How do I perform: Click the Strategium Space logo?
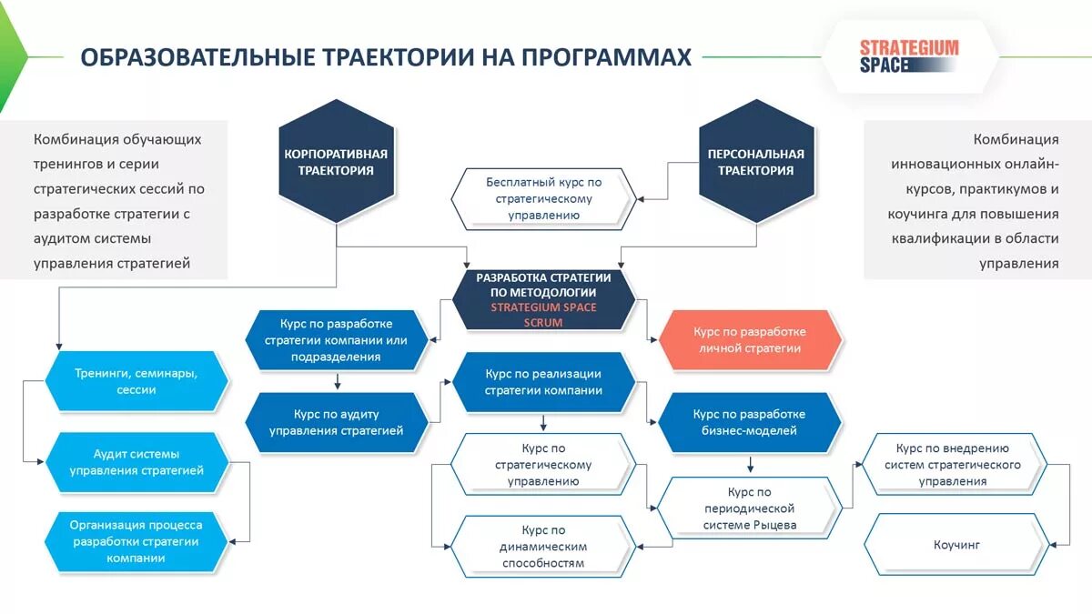click(908, 56)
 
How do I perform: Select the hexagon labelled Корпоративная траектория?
click(336, 162)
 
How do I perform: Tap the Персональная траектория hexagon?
click(756, 162)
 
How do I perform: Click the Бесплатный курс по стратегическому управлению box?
click(543, 198)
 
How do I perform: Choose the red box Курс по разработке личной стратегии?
click(749, 339)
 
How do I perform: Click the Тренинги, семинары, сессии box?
click(136, 381)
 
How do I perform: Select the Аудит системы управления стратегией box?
click(136, 462)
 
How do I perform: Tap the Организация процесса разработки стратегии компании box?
click(136, 541)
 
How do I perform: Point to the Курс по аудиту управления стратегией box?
click(336, 422)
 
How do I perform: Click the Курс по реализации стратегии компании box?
click(543, 382)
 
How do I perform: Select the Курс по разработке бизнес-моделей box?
click(749, 422)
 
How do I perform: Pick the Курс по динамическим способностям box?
click(543, 546)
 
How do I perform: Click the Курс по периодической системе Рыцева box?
click(749, 508)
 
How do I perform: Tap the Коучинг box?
click(955, 545)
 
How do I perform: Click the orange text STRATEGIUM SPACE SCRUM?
click(543, 314)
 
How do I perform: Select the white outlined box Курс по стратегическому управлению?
click(543, 464)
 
